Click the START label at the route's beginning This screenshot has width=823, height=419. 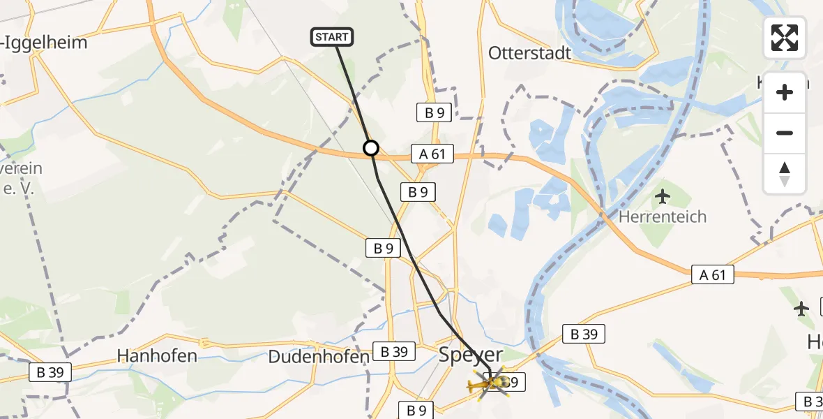[332, 37]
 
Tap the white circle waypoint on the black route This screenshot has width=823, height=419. [371, 148]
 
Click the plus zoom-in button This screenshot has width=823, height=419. [785, 92]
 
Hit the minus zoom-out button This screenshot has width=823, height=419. [785, 133]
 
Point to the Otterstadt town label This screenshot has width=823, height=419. [529, 53]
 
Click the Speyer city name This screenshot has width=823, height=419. [471, 355]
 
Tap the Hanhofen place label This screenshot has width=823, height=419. [157, 356]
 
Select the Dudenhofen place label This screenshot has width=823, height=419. [319, 357]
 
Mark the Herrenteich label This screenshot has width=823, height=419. [663, 216]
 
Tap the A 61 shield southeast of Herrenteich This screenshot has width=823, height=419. [713, 275]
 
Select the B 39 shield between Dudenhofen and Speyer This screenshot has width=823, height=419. [395, 352]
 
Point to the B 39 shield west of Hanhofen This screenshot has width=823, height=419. [50, 372]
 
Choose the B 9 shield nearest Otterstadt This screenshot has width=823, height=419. [433, 112]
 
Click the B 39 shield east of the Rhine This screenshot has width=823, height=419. [584, 335]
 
